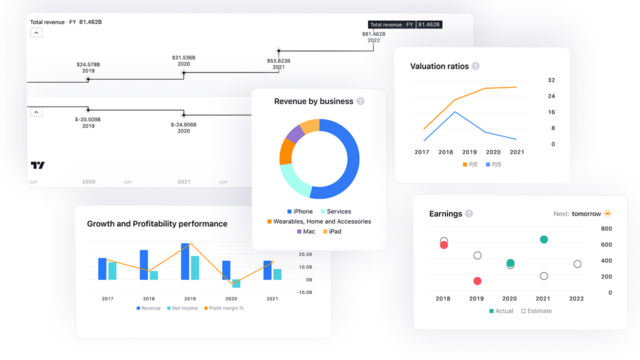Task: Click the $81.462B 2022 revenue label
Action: click(373, 37)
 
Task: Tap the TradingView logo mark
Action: click(37, 165)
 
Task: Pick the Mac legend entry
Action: click(306, 231)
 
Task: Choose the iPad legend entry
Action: click(332, 231)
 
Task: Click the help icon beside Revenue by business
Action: click(360, 101)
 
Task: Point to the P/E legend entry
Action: click(470, 164)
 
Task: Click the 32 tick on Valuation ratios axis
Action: click(551, 80)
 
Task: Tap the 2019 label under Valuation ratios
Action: click(469, 152)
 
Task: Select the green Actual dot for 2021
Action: click(544, 239)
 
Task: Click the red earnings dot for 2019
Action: click(477, 281)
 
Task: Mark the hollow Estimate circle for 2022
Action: click(577, 264)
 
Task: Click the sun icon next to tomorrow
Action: click(607, 213)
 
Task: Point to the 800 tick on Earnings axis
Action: click(606, 228)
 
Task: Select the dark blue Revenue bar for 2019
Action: click(185, 261)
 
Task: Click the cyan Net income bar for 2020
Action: click(236, 283)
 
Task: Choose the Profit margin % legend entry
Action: click(223, 308)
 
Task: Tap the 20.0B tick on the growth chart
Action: click(305, 254)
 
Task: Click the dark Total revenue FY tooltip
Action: click(405, 24)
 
